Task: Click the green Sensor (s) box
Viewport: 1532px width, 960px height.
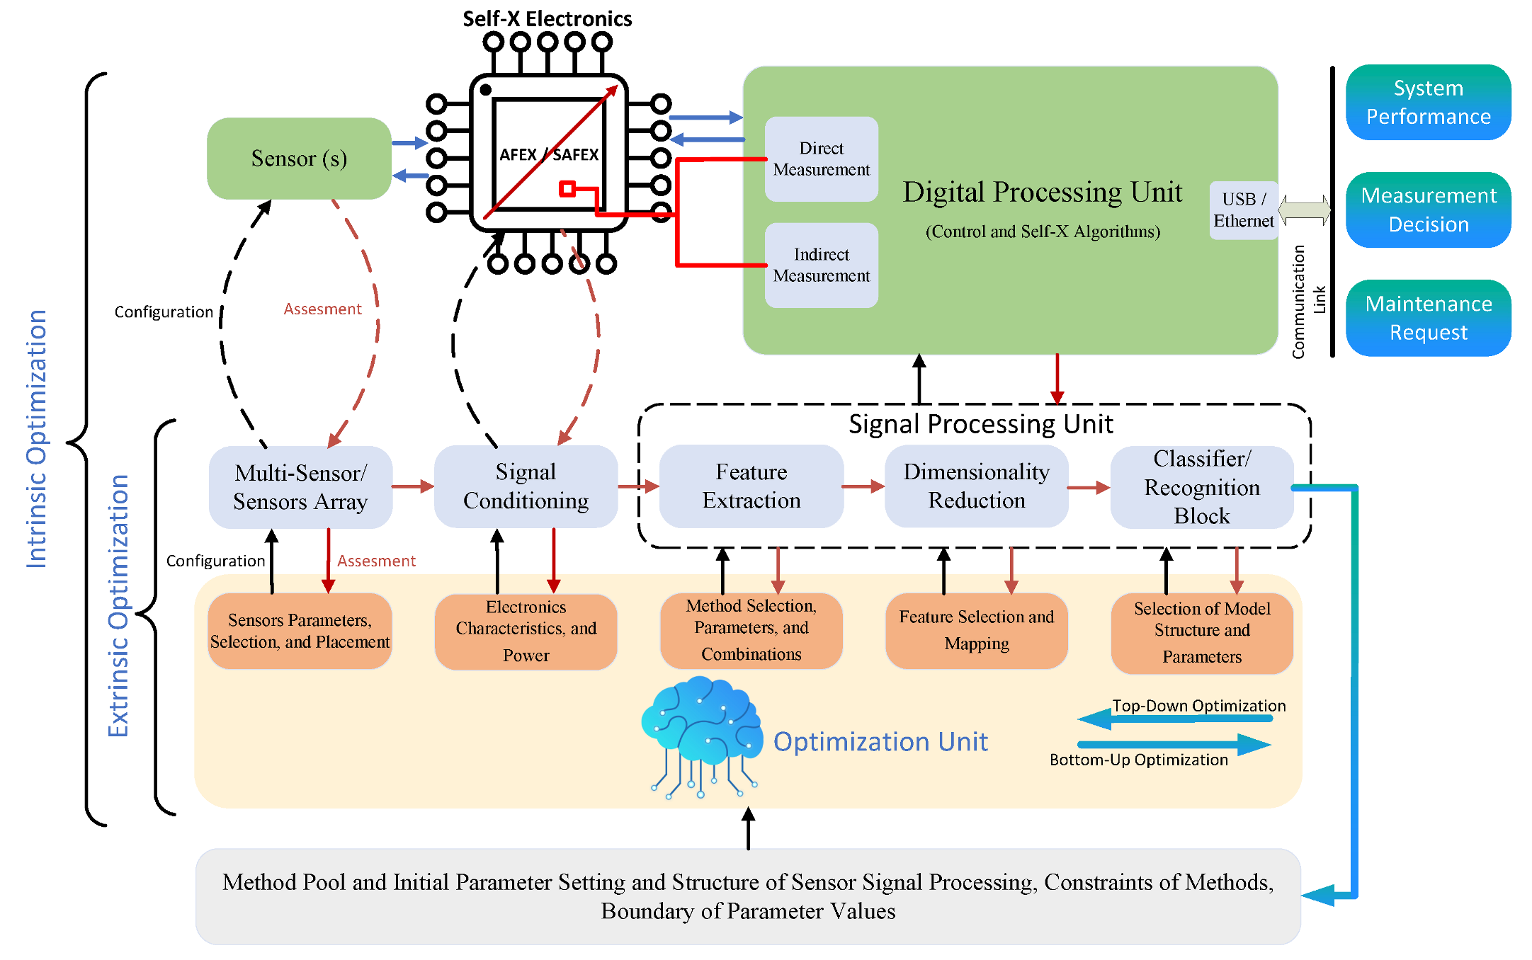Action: coord(299,159)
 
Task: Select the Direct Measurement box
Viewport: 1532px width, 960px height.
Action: coord(821,159)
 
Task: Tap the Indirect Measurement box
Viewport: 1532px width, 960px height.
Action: coord(821,265)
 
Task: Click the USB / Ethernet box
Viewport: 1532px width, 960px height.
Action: coord(1243,210)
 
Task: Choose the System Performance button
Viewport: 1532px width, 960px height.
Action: coord(1428,103)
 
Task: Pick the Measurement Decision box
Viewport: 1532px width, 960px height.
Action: coord(1428,210)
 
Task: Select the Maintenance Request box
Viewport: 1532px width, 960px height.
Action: coord(1428,318)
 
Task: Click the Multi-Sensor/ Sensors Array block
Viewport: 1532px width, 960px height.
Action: coord(300,487)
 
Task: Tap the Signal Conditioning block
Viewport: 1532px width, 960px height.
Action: coord(526,486)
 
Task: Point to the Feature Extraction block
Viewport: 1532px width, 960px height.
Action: coord(751,486)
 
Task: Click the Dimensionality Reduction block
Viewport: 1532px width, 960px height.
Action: coord(976,486)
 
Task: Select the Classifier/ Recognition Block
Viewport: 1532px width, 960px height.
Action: coord(1201,487)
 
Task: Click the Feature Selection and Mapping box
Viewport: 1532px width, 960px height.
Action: coord(976,630)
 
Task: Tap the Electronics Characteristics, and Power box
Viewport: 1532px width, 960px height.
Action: coord(526,631)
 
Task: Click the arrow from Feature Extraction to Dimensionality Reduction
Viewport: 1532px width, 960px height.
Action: coord(863,486)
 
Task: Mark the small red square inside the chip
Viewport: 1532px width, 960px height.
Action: coord(567,188)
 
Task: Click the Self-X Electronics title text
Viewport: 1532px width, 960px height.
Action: coord(547,19)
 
